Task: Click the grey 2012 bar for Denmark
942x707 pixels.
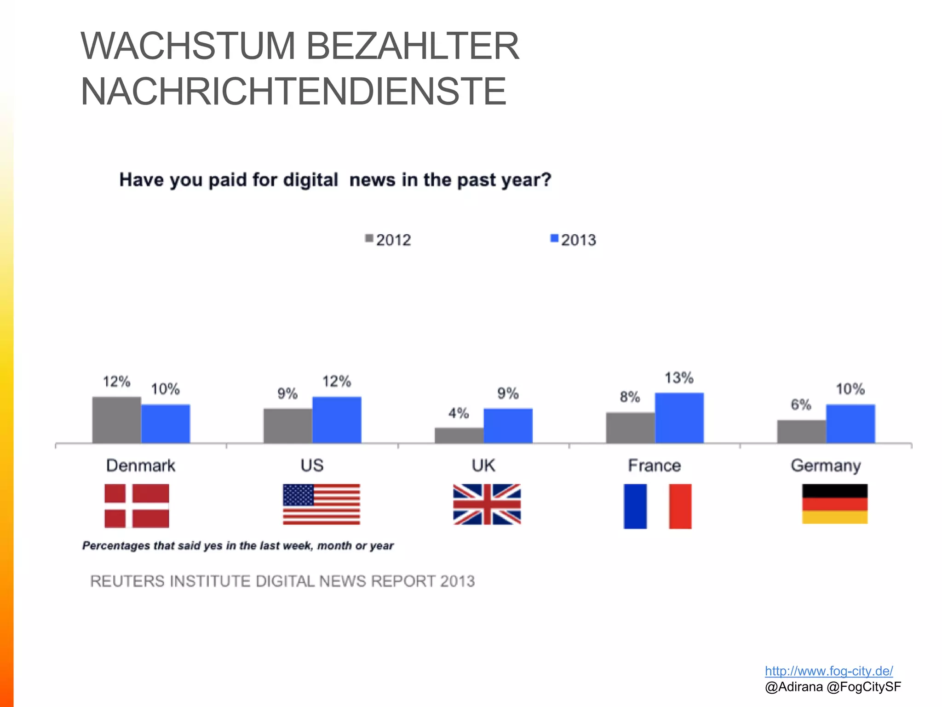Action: click(116, 420)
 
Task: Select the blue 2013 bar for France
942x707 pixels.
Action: click(679, 418)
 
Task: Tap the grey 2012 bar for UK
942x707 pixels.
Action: click(459, 435)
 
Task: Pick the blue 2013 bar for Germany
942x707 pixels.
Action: click(850, 424)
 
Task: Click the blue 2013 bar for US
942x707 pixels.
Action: click(337, 420)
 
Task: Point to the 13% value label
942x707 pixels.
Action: click(679, 378)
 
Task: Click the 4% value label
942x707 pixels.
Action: click(459, 413)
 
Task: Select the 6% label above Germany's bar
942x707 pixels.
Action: click(801, 405)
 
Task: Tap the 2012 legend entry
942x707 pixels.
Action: click(388, 240)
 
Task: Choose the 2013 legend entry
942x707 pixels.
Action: click(574, 240)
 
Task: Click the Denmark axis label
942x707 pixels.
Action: click(141, 465)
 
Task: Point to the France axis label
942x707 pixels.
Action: click(654, 465)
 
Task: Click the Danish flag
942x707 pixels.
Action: click(137, 506)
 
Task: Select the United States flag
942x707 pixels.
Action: click(322, 504)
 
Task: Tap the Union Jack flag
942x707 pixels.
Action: click(487, 504)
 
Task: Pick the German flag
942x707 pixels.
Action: click(835, 504)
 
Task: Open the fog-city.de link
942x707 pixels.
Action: click(829, 671)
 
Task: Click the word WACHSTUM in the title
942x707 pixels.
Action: click(188, 46)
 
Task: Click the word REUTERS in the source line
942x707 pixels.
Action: click(127, 581)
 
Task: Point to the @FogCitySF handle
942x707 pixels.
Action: click(864, 687)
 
